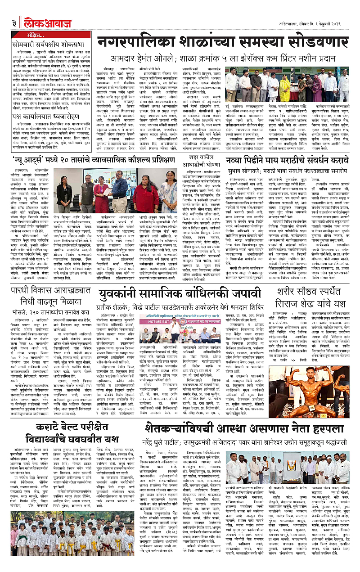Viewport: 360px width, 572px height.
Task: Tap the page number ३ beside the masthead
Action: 14,22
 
